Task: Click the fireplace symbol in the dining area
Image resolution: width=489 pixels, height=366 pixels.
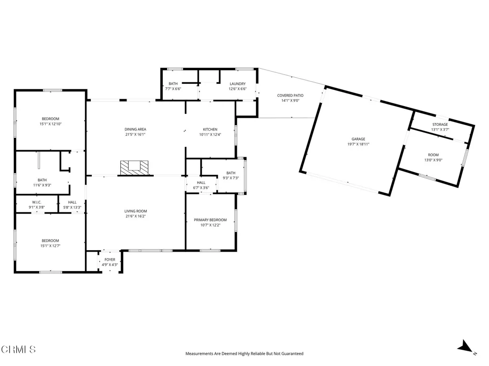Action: point(134,167)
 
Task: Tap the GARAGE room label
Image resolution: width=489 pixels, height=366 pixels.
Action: point(358,139)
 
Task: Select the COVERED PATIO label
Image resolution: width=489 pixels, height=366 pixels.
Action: point(290,96)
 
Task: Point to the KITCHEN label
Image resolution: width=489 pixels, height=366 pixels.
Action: point(210,130)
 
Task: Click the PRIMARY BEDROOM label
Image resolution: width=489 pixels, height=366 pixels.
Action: point(210,220)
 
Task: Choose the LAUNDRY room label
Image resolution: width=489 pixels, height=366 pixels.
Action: point(237,84)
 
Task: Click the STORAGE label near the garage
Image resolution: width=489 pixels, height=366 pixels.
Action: point(440,125)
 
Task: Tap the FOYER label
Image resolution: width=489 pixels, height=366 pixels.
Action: point(110,260)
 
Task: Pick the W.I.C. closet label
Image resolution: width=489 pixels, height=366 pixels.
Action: point(36,203)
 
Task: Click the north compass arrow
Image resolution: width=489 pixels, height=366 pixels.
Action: point(465,347)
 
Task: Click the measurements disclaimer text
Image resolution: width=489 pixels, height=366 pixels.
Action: point(244,354)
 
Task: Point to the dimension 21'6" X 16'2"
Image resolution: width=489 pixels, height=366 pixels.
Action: point(136,216)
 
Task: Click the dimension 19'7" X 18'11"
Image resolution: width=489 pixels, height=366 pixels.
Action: point(358,144)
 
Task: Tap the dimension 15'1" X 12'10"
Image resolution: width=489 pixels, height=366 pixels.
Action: point(50,124)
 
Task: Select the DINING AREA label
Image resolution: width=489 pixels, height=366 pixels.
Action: point(135,130)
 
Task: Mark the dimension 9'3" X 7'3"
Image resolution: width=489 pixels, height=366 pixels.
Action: point(231,178)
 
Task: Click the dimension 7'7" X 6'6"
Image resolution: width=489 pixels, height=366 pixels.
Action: point(173,89)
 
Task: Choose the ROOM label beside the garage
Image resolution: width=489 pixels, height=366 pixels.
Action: point(433,155)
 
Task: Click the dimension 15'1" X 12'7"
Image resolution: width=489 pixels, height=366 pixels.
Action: point(50,245)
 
